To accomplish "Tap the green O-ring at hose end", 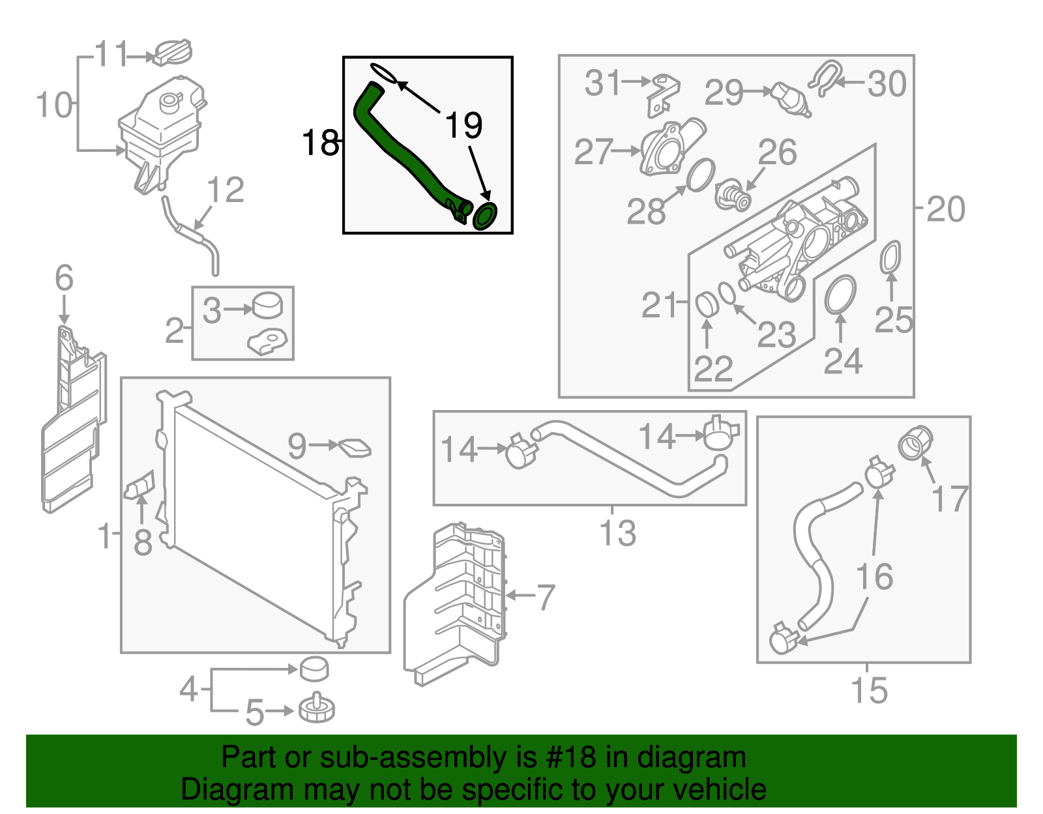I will pyautogui.click(x=485, y=216).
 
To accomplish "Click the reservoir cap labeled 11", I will pyautogui.click(x=173, y=53).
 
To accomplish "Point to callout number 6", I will pyautogui.click(x=64, y=278).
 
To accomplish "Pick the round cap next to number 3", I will pyautogui.click(x=268, y=304).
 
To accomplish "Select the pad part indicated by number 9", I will pyautogui.click(x=355, y=448).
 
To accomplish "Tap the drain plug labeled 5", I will pyautogui.click(x=317, y=708).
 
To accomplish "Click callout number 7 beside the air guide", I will pyautogui.click(x=545, y=596).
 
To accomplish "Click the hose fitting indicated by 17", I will pyautogui.click(x=916, y=443).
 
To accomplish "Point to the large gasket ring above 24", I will pyautogui.click(x=840, y=295).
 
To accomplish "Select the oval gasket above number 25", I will pyautogui.click(x=890, y=257).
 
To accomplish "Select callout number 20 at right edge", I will pyautogui.click(x=945, y=209).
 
